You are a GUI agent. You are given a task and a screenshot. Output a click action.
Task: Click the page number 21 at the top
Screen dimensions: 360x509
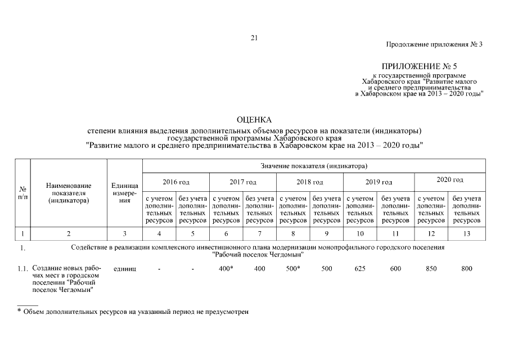[254, 38]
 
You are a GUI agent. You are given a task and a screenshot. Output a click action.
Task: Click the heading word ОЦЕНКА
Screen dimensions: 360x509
[254, 120]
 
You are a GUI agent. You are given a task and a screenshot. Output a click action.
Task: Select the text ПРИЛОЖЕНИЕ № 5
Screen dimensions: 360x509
[420, 66]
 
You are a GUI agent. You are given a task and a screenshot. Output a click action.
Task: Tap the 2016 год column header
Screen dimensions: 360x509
[176, 182]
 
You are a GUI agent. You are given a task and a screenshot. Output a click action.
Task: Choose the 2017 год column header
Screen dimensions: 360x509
[243, 182]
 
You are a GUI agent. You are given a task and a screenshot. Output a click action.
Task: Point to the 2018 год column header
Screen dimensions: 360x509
[309, 182]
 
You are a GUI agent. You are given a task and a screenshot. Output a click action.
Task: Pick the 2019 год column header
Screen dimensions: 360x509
[379, 182]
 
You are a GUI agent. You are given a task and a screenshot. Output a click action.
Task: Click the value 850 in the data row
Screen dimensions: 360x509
[431, 269]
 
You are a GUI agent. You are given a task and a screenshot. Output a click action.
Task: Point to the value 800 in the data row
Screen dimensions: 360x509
[467, 269]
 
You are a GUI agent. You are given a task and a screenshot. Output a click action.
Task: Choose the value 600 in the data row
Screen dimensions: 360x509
[396, 269]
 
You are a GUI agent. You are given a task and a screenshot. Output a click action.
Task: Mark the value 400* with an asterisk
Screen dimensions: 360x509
[226, 269]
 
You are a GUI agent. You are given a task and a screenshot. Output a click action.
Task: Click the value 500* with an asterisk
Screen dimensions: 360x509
[292, 269]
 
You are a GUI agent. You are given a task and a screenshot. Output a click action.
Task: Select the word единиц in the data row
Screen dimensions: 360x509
[125, 269]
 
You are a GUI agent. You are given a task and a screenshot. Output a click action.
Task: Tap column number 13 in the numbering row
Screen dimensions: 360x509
[467, 233]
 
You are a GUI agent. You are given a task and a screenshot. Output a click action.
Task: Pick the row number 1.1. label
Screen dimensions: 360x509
[22, 269]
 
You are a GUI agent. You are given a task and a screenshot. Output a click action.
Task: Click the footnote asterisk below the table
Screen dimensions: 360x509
[19, 311]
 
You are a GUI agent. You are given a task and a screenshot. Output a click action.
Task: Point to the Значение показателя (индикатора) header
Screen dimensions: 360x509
[314, 166]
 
